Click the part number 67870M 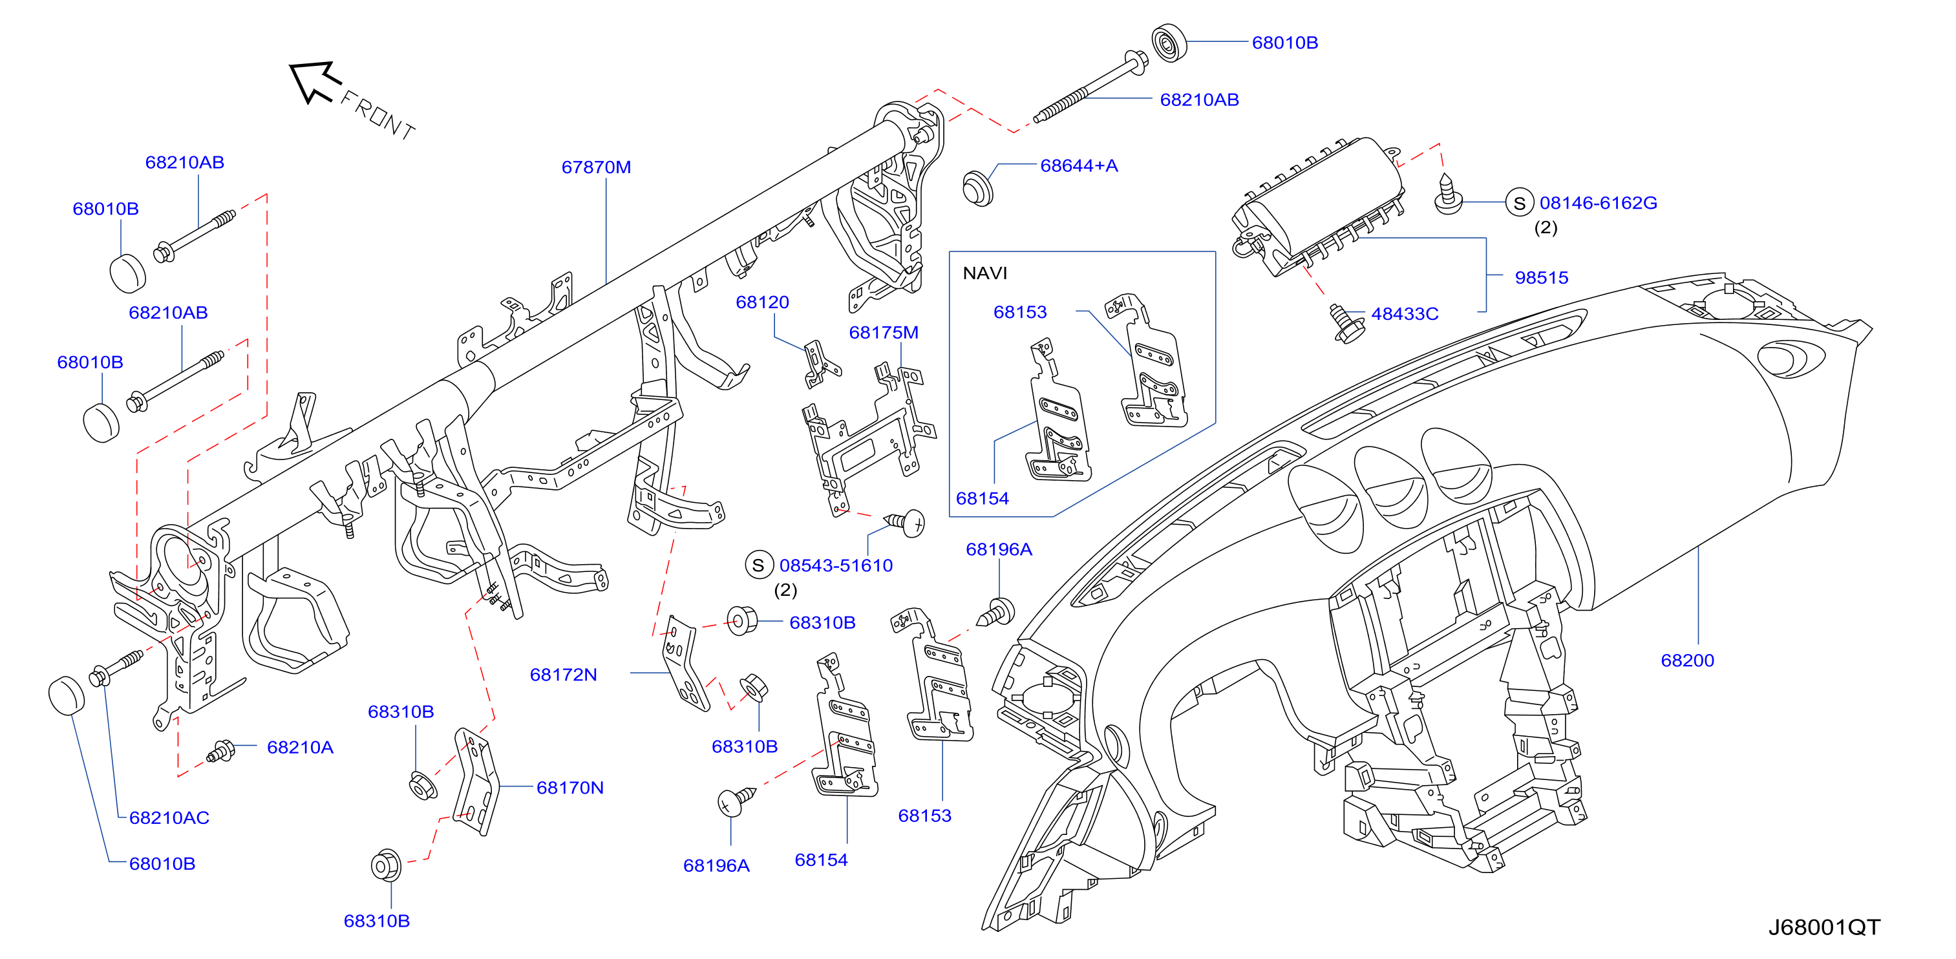coord(596,167)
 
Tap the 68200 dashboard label coord(1687,660)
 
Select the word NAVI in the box coord(985,273)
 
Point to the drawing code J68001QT coord(1825,927)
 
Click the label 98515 coord(1542,278)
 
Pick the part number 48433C coord(1405,314)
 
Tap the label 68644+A coord(1079,165)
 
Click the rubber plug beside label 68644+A coord(977,188)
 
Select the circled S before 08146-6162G coord(1520,204)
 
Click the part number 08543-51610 coord(836,565)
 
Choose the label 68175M coord(884,333)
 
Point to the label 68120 coord(762,302)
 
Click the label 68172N coord(564,675)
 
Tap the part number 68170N coord(570,788)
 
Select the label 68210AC coord(169,817)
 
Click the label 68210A coord(300,748)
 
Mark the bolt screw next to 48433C coord(1346,324)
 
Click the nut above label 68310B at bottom coord(387,865)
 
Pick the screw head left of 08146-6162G coord(1448,195)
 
